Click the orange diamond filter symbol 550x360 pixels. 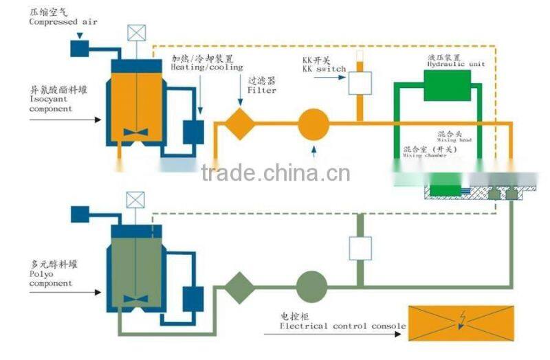[240, 124]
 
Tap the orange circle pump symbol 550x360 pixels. [313, 124]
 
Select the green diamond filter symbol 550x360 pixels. [240, 287]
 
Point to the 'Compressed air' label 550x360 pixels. [63, 22]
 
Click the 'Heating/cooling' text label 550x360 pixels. [206, 67]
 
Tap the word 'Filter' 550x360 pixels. [262, 90]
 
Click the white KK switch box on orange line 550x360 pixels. [360, 82]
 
